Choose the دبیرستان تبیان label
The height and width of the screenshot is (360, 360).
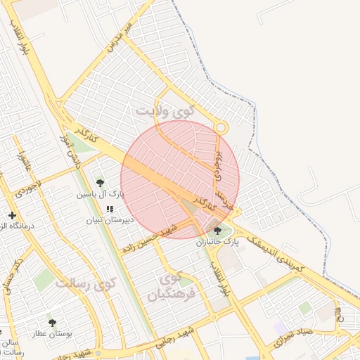click(109, 219)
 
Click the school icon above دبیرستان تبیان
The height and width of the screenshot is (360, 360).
click(109, 209)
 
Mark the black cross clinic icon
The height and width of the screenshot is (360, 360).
click(12, 215)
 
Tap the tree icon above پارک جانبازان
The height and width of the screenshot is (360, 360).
click(217, 231)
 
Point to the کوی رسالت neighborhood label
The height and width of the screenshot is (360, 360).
click(84, 285)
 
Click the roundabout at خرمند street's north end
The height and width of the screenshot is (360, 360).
click(221, 128)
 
